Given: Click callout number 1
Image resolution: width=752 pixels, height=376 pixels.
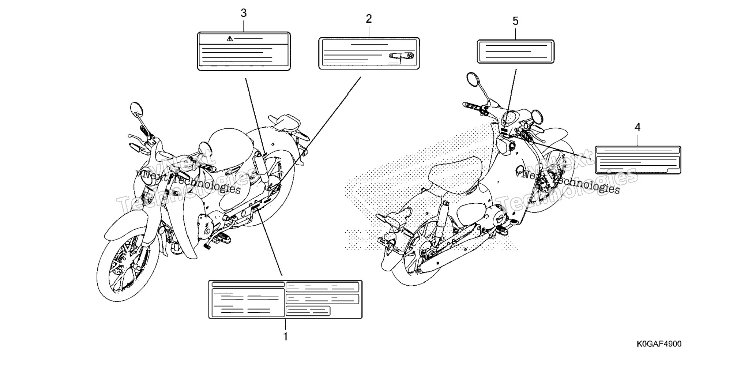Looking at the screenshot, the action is [x=286, y=336].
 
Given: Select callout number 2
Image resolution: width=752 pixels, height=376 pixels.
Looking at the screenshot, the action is [x=369, y=19].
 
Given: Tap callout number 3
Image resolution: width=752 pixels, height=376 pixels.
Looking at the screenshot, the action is [x=244, y=13].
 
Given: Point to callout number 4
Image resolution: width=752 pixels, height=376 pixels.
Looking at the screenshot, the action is [x=638, y=127].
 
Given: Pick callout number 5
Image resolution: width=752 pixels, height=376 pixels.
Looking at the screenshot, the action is [x=515, y=21].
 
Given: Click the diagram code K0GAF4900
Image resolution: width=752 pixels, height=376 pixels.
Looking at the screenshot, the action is [x=659, y=344].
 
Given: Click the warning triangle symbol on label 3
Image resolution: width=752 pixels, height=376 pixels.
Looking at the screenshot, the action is [x=230, y=38].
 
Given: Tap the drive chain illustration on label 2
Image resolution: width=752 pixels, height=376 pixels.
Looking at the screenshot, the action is [x=401, y=56].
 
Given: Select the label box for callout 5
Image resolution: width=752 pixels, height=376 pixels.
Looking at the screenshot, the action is [x=515, y=52].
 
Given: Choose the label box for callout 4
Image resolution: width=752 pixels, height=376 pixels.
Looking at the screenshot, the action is [x=638, y=160].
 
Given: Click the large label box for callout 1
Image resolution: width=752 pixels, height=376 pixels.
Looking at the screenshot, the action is [x=285, y=299].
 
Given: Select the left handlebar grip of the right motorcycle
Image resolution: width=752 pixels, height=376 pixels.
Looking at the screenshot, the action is [x=472, y=106].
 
